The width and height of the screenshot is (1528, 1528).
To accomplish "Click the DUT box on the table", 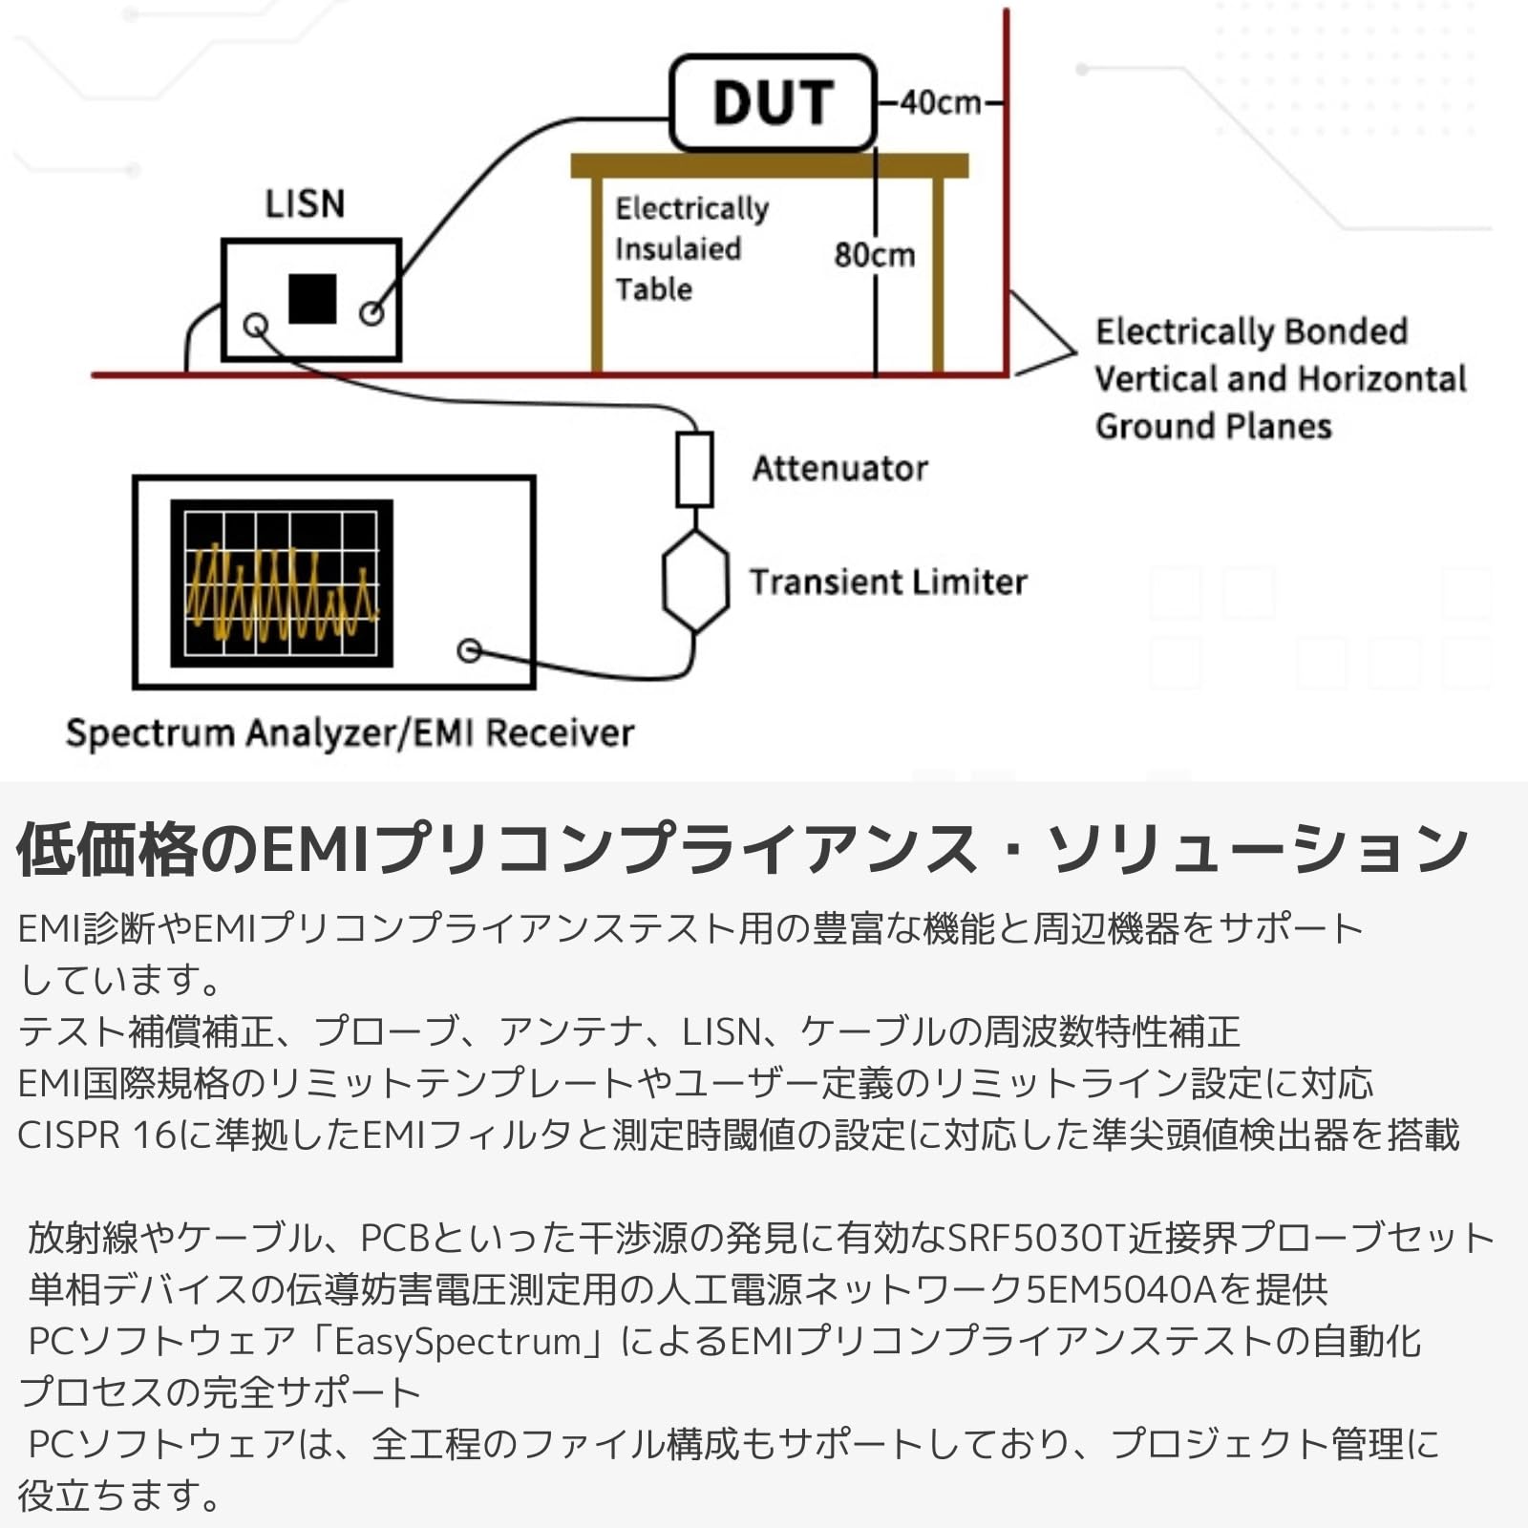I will click(x=773, y=103).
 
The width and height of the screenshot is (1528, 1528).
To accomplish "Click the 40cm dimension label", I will click(x=941, y=102).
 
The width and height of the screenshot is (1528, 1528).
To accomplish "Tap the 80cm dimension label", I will click(x=874, y=255).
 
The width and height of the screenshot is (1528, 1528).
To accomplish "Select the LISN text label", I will click(x=305, y=204).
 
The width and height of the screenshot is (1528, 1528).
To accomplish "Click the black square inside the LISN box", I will click(x=312, y=299).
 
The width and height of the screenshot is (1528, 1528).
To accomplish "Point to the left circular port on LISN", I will click(x=255, y=326).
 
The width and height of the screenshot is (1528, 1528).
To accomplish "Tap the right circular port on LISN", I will click(x=371, y=312).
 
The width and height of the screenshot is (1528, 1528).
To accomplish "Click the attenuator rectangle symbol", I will click(x=694, y=469).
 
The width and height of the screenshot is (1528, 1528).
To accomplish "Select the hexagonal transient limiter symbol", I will click(x=695, y=582).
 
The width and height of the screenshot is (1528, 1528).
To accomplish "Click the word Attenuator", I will click(x=839, y=469).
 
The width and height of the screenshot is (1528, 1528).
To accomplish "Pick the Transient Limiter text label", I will click(x=888, y=582).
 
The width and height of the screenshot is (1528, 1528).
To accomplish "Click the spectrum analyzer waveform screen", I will click(x=282, y=583).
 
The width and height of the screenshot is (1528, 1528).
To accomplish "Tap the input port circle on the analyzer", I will click(x=469, y=650).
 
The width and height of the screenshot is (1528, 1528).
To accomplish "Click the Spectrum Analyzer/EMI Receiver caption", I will click(x=350, y=733).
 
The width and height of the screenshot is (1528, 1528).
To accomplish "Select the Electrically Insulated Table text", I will click(x=691, y=248).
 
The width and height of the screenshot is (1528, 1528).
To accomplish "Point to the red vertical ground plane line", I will click(x=1007, y=191).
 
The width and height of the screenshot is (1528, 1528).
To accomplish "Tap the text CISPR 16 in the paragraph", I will click(x=96, y=1135).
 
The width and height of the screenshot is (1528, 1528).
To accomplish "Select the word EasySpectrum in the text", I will click(x=457, y=1341).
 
